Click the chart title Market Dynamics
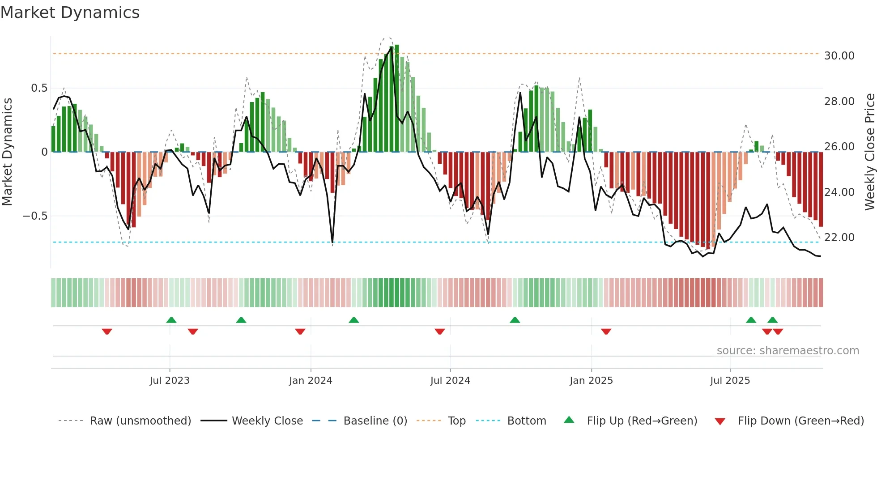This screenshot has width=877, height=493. (70, 13)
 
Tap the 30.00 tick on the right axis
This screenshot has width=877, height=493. (839, 56)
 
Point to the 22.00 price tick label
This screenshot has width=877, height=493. (839, 238)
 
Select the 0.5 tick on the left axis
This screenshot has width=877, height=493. (39, 88)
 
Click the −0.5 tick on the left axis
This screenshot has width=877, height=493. (35, 216)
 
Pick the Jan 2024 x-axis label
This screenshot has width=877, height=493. (311, 381)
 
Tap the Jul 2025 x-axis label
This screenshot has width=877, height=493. (730, 381)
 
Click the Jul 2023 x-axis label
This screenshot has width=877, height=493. (170, 381)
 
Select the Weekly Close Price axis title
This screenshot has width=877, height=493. (869, 152)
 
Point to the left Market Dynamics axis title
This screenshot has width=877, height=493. (7, 152)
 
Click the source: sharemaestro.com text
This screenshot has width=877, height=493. (788, 351)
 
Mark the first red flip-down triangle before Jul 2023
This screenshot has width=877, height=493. (107, 331)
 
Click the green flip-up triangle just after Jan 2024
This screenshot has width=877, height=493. (354, 320)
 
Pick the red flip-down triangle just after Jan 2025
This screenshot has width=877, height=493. (606, 331)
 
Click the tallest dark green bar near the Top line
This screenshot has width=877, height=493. (397, 98)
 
